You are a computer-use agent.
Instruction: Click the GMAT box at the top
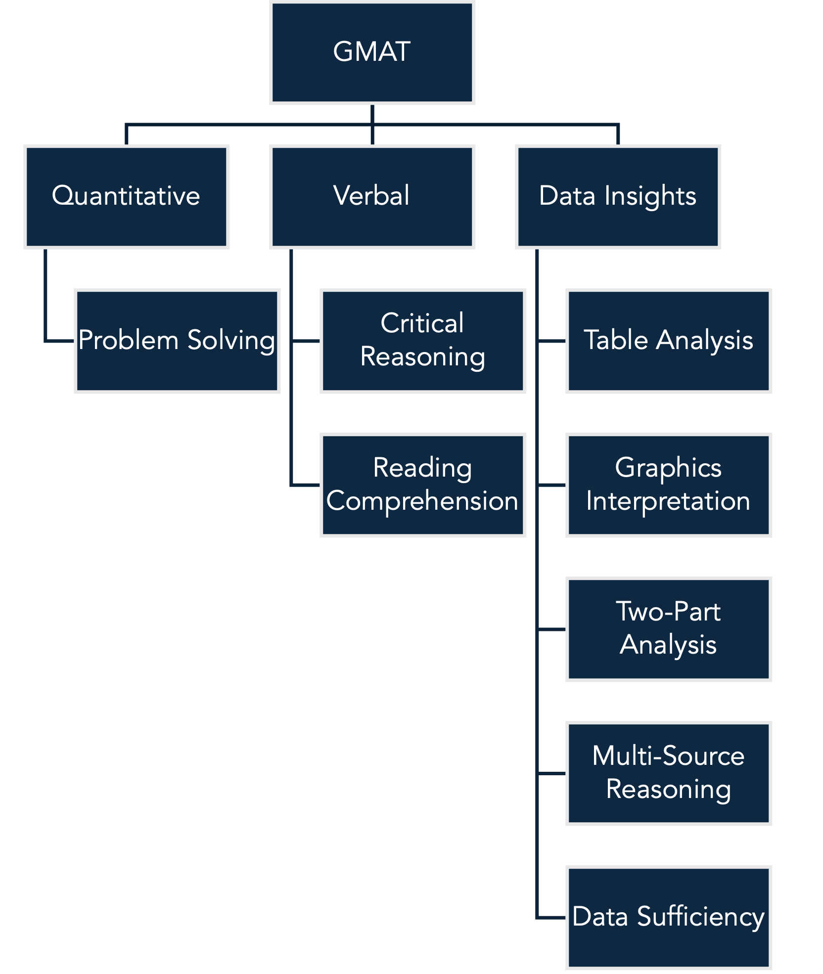372,52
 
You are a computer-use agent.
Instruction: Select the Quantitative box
126,197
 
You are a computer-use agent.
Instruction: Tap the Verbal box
372,197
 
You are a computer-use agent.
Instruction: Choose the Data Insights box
618,197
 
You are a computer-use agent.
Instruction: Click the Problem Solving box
177,341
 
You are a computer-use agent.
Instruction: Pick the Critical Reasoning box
423,341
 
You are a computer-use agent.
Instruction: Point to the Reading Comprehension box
423,485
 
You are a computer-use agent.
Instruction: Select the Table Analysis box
669,341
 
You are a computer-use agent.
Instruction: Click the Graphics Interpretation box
669,485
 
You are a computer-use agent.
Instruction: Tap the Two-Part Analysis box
669,629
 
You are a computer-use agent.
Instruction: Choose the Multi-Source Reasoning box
669,773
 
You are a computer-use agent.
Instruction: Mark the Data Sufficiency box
669,918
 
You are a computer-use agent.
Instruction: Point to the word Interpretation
668,501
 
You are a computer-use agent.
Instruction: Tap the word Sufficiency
700,917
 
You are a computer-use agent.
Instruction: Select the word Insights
650,196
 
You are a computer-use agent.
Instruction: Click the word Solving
231,341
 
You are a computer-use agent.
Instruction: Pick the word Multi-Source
668,756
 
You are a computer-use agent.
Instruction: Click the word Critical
422,323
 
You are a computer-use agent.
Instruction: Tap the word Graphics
668,468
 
